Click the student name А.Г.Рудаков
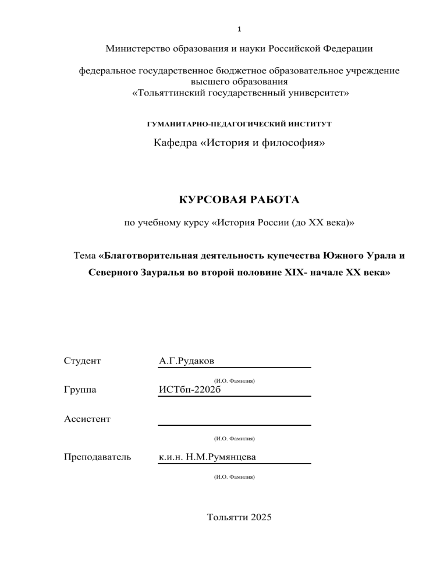186,361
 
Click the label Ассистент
87,418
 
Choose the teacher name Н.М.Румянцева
223,457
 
